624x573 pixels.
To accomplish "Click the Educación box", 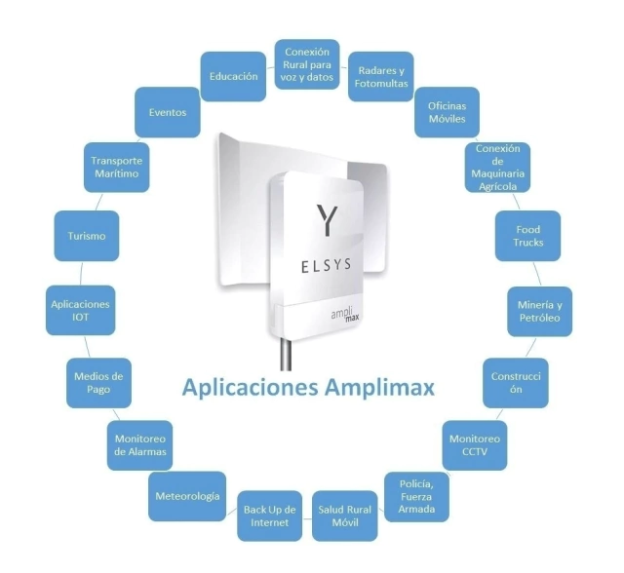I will coord(233,75).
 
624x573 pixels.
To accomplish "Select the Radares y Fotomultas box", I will coord(381,77).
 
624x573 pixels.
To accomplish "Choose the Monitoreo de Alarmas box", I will coord(140,444).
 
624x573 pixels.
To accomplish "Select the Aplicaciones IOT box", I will coord(80,311).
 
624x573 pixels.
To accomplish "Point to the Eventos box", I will coord(168,112).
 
